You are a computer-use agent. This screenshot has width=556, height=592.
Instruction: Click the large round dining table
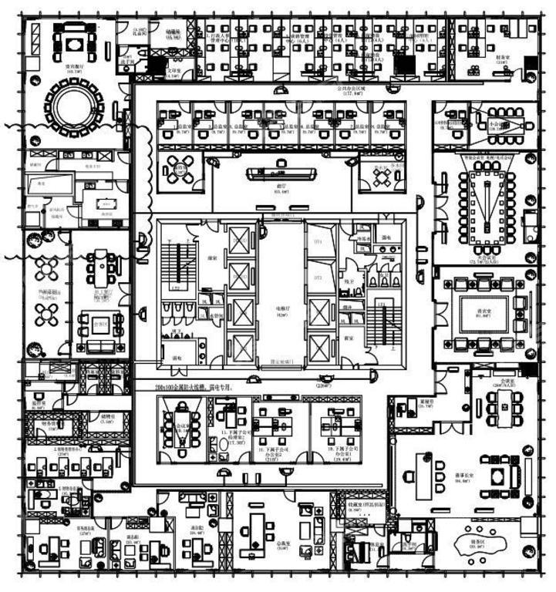click(75, 108)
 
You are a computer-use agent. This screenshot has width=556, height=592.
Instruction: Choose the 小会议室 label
click(497, 123)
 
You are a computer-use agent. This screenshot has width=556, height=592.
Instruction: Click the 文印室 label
click(174, 70)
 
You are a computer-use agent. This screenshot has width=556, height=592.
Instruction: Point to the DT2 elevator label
click(316, 277)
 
